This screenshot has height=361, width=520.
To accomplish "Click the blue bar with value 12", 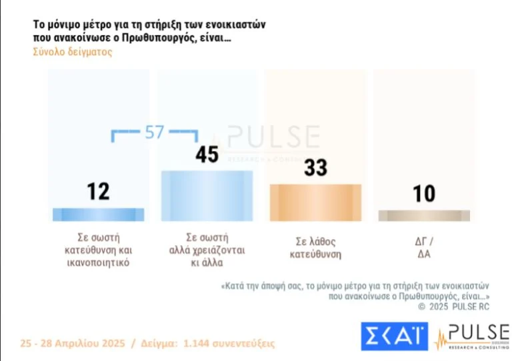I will (98, 214).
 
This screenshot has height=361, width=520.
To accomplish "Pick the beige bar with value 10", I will (424, 216).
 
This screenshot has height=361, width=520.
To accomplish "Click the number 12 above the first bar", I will (98, 192).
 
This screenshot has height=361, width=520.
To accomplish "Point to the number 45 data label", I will (207, 155).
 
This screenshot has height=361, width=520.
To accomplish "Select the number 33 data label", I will (315, 167).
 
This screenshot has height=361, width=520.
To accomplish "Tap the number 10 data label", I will (424, 194).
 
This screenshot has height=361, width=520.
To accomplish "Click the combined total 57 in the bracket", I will (154, 133).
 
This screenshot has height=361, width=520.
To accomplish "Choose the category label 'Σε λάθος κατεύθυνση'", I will (315, 248).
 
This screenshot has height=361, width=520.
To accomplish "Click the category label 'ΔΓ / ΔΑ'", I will (424, 248).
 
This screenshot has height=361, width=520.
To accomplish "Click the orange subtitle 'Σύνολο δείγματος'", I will (73, 52).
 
